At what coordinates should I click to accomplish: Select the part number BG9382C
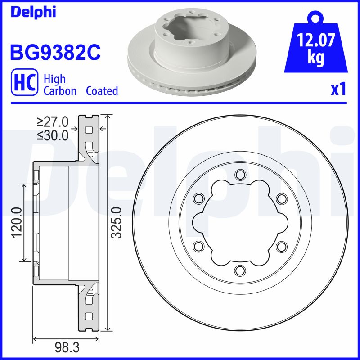pyautogui.click(x=55, y=53)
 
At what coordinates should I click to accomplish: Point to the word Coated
pyautogui.click(x=102, y=91)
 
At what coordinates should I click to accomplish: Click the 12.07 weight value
pyautogui.click(x=315, y=42)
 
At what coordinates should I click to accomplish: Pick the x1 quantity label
pyautogui.click(x=338, y=90)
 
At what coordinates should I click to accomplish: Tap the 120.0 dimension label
pyautogui.click(x=17, y=222)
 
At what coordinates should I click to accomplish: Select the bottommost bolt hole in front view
pyautogui.click(x=240, y=270)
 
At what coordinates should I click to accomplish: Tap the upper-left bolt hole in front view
pyautogui.click(x=198, y=198)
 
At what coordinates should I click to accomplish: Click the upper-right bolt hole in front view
pyautogui.click(x=281, y=198)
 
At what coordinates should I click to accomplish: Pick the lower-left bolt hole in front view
pyautogui.click(x=198, y=246)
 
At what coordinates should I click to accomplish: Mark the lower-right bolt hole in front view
pyautogui.click(x=281, y=246)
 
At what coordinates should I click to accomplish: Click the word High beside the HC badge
pyautogui.click(x=54, y=79)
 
